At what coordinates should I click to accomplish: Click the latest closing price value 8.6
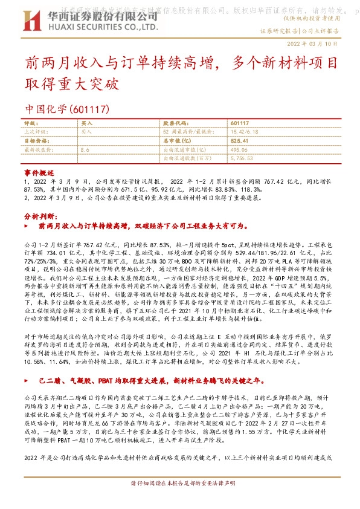[85, 149]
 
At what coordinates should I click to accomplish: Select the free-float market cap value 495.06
[240, 149]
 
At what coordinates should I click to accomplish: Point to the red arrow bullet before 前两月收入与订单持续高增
[32, 225]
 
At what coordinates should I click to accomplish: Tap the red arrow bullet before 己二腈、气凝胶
[32, 382]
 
